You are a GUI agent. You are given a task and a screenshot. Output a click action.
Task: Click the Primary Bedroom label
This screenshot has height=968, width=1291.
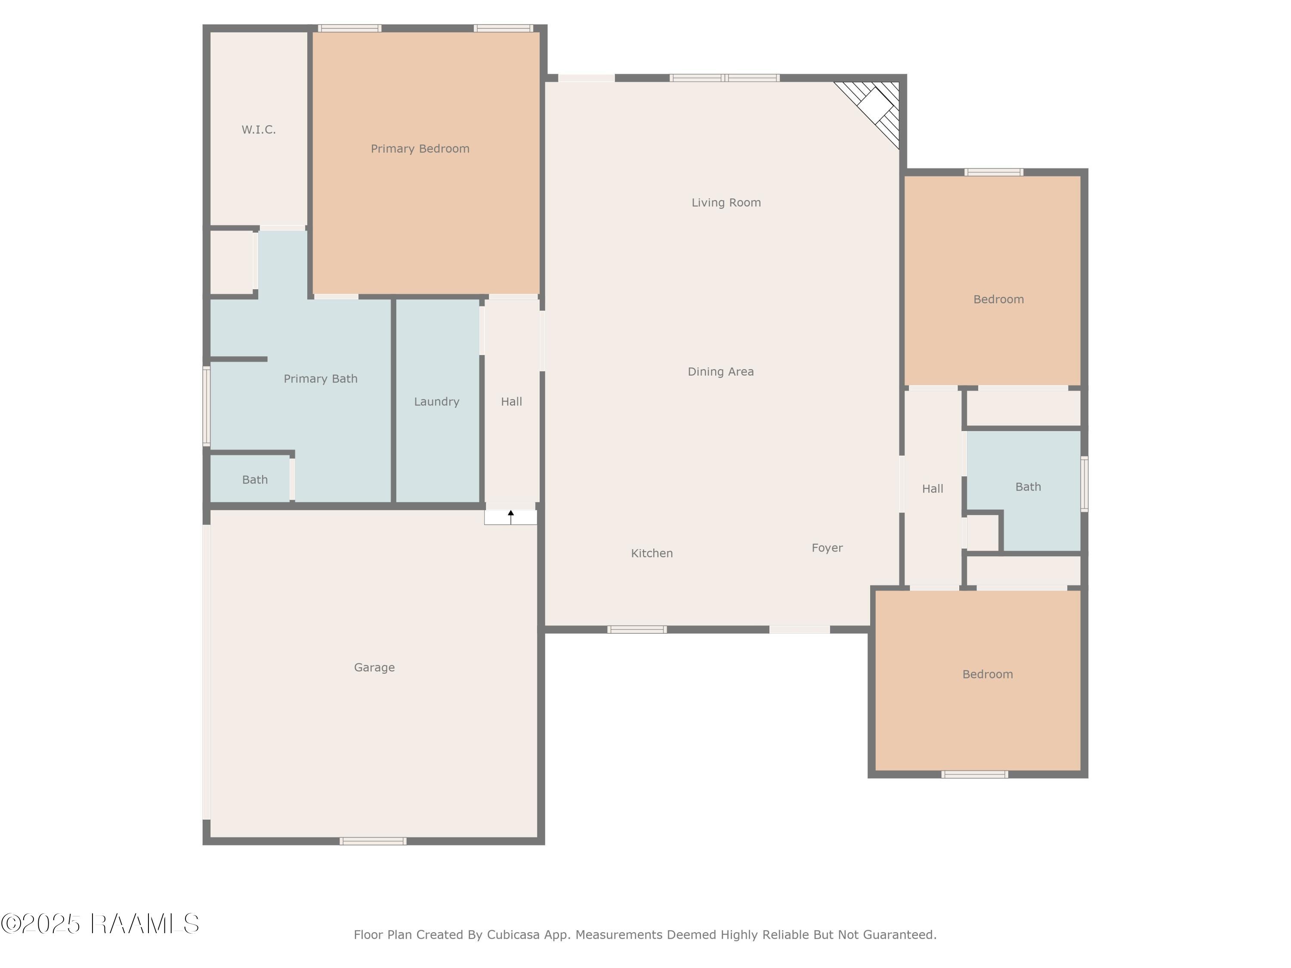pyautogui.click(x=420, y=149)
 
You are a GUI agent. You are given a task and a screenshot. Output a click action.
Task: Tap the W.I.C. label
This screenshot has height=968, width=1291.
pyautogui.click(x=259, y=129)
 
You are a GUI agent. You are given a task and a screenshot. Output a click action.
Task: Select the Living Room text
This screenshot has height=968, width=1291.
pyautogui.click(x=726, y=203)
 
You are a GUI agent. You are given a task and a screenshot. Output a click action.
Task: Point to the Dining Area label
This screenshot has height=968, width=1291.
pyautogui.click(x=721, y=372)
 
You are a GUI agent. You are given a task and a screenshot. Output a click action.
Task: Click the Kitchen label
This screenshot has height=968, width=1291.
pyautogui.click(x=652, y=553)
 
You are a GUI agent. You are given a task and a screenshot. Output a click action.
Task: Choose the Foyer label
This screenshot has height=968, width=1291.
pyautogui.click(x=827, y=548)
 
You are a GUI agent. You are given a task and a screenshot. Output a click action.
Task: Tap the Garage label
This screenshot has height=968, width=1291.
pyautogui.click(x=374, y=668)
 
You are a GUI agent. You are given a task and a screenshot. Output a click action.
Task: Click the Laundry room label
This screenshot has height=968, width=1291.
pyautogui.click(x=436, y=401)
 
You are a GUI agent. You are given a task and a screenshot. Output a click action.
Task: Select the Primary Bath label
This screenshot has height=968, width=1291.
pyautogui.click(x=321, y=379)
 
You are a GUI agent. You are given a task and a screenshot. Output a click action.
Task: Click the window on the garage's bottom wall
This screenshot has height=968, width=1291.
pyautogui.click(x=373, y=841)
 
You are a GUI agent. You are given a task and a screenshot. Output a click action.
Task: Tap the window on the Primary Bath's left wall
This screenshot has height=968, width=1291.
pyautogui.click(x=206, y=406)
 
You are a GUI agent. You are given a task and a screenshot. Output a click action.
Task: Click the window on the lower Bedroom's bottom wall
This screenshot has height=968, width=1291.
pyautogui.click(x=975, y=774)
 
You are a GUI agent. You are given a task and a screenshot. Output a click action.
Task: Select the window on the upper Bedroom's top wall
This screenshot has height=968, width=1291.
pyautogui.click(x=993, y=172)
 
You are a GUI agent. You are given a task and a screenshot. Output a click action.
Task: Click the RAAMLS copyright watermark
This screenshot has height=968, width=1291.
pyautogui.click(x=100, y=924)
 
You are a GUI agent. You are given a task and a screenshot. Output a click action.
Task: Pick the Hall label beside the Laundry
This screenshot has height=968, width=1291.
pyautogui.click(x=511, y=401)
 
